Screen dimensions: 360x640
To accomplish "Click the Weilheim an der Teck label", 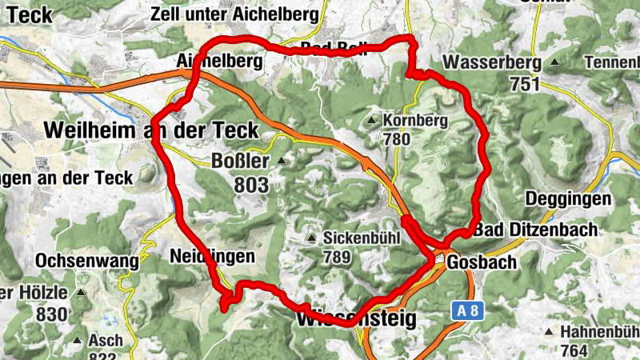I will point(152,130).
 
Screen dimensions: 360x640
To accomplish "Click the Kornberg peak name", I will point(416,122).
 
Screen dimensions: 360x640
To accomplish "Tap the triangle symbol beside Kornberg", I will point(370,122).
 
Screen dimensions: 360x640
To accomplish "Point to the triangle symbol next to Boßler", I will point(281,161).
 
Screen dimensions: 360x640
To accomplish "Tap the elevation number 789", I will point(341,258).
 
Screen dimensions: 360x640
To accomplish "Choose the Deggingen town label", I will point(569,198).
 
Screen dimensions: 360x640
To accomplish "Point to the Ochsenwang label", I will point(87,261).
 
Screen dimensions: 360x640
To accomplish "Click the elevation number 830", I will point(53,314).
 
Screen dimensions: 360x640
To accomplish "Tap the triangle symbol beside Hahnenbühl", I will point(548,332).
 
